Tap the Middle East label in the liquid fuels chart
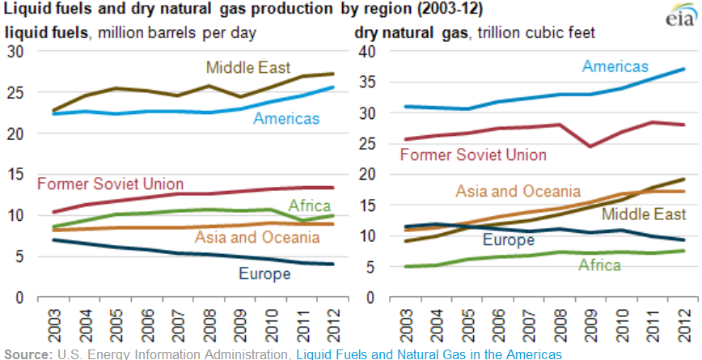(x=248, y=67)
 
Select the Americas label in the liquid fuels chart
(x=286, y=119)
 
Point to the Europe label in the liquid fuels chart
(x=264, y=274)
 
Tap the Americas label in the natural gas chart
(x=615, y=66)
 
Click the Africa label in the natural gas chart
(x=601, y=265)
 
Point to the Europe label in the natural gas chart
(x=509, y=239)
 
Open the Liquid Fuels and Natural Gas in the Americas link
(x=429, y=354)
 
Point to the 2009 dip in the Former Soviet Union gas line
(x=590, y=146)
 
